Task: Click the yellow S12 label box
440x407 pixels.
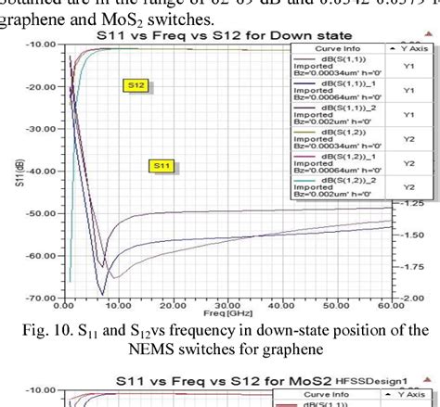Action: click(x=136, y=84)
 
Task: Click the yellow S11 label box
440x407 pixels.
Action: click(x=162, y=166)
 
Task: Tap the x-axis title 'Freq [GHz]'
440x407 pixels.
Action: click(x=224, y=313)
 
